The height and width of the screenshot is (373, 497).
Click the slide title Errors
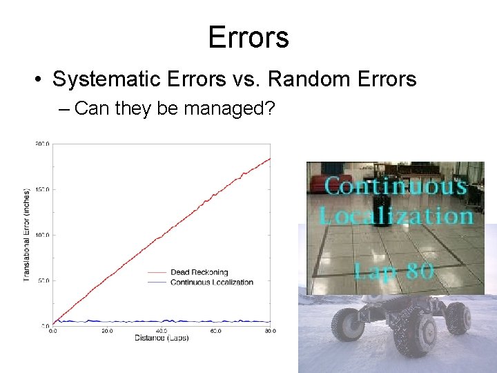click(x=248, y=37)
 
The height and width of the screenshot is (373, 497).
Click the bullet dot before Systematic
click(x=40, y=80)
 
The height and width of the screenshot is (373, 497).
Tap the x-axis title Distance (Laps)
click(x=162, y=338)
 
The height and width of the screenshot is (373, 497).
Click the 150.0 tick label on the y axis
click(x=42, y=189)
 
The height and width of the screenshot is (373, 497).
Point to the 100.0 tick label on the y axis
click(x=42, y=235)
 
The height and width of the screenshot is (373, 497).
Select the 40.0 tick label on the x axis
click(x=162, y=331)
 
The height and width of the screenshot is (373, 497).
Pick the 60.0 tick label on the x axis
click(x=216, y=331)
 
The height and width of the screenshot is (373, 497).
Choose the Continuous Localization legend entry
click(x=211, y=282)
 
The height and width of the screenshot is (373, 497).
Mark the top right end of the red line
click(x=270, y=158)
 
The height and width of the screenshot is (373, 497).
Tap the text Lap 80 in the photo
click(x=394, y=269)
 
